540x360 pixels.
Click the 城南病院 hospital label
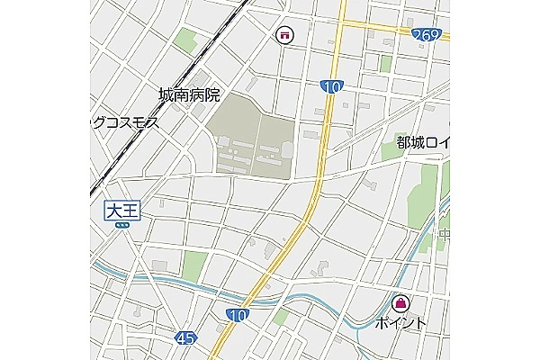point(189,95)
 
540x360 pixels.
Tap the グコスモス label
point(125,122)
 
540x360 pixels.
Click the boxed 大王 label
point(122,211)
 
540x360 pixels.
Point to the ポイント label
point(400,322)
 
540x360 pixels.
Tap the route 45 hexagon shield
point(185,337)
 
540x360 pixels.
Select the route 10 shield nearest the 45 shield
point(237,314)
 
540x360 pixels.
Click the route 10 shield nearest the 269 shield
point(330,85)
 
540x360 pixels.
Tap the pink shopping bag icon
point(400,302)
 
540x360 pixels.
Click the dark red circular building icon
point(284,35)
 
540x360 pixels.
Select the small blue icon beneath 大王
point(122,228)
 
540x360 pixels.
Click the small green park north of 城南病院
point(186,40)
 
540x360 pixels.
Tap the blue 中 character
point(444,236)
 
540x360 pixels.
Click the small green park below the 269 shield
point(385,63)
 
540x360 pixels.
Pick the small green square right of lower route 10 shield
point(281,318)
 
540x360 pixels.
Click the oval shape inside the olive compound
point(287,148)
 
